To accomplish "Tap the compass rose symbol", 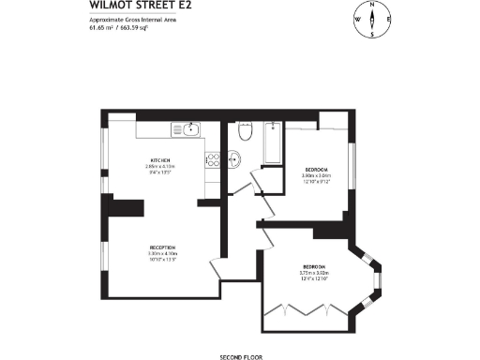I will coord(372,20).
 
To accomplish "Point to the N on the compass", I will coord(372,5).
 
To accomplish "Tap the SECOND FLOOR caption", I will coord(239,357).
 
